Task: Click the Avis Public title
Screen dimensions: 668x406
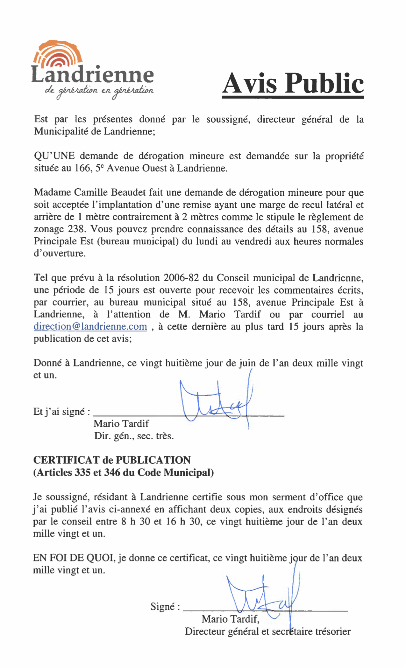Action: click(x=293, y=83)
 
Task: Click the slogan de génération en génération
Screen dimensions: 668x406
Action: click(x=99, y=91)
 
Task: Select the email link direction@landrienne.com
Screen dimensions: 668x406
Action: click(x=90, y=327)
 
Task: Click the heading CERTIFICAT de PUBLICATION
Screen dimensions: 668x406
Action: click(x=112, y=460)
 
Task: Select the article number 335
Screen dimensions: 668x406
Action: click(x=82, y=472)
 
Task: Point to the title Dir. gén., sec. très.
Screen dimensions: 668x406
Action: click(x=134, y=436)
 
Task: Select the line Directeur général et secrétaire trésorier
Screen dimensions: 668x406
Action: click(x=267, y=631)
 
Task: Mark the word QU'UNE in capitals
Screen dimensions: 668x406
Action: click(x=54, y=156)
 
